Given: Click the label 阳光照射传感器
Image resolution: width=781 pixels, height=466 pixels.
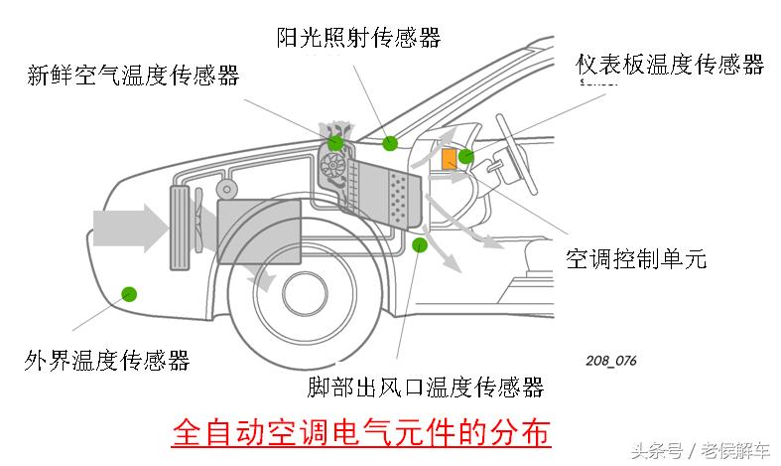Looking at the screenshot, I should tap(358, 38).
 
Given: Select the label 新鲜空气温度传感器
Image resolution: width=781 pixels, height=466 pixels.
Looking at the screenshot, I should tap(133, 76).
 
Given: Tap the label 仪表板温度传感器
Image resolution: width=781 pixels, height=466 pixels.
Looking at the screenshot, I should tap(671, 65).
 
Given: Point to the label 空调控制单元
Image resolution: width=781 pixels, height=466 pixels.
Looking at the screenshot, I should tap(636, 259).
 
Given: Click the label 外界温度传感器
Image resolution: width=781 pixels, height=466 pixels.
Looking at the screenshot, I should tap(107, 360).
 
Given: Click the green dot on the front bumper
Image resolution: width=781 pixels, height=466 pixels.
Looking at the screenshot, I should tap(128, 292).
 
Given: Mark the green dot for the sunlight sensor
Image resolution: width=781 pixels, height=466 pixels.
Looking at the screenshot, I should tap(390, 142).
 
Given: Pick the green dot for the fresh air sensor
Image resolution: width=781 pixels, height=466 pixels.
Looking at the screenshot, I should tap(335, 142).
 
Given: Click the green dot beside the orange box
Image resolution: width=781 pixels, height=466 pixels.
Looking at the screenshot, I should tap(465, 156).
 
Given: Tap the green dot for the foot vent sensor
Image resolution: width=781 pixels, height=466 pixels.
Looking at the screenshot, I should tap(420, 244).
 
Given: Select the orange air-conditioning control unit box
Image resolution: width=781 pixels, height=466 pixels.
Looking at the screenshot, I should tap(449, 158).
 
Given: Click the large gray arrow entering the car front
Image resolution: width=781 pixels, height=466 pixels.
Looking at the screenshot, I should tap(129, 228).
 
